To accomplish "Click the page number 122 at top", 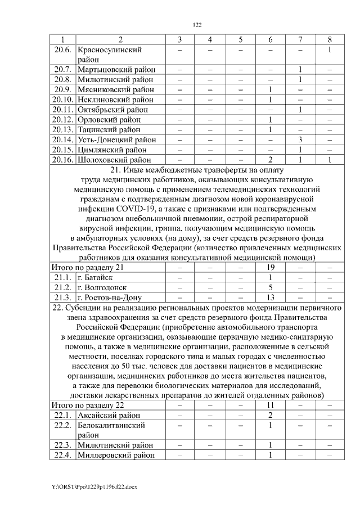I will point(197,25).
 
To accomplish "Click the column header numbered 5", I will point(240,39).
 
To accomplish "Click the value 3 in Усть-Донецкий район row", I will point(301,139).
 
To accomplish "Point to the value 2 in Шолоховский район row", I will point(271,160).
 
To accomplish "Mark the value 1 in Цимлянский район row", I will point(301,150).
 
